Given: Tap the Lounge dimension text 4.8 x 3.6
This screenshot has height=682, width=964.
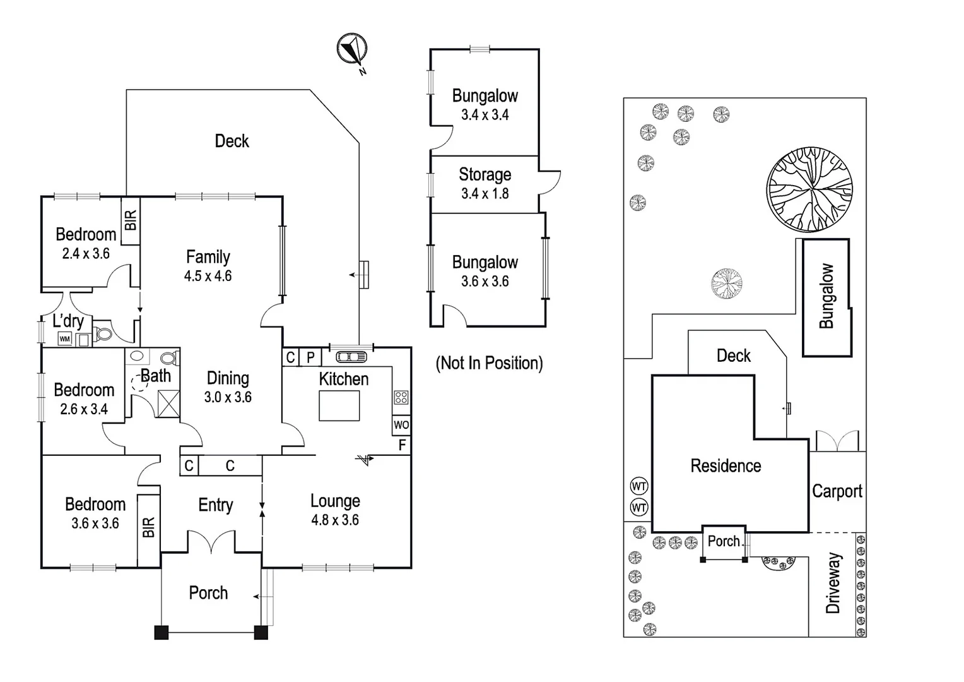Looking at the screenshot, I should [x=335, y=520].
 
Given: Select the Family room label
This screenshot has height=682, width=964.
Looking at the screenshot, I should [x=208, y=257].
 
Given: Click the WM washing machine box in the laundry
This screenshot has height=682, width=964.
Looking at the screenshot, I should [x=65, y=339].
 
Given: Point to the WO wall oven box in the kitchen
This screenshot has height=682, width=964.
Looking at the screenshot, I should [x=401, y=425].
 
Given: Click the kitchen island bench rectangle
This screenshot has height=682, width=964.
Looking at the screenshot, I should [x=339, y=405].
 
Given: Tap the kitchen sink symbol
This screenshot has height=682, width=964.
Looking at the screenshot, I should [x=351, y=357].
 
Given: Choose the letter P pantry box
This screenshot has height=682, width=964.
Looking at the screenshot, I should [x=310, y=357].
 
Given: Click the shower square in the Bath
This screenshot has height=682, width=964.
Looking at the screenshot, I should [x=168, y=404].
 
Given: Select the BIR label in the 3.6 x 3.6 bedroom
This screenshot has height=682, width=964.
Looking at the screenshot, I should [x=149, y=527].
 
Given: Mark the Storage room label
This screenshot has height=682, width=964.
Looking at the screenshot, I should [x=485, y=174].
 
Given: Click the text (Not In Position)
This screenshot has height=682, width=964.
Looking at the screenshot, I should [x=490, y=363].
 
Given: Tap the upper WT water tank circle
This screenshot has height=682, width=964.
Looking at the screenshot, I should [x=639, y=486].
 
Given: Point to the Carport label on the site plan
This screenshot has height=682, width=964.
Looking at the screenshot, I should [x=837, y=491].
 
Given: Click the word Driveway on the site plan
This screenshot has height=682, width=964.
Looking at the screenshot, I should [x=833, y=583].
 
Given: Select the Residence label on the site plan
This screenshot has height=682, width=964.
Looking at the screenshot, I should [x=726, y=466].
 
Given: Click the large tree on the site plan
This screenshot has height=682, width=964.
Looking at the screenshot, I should [x=809, y=189].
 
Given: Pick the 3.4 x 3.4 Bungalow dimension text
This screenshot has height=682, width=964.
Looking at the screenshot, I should [x=485, y=115].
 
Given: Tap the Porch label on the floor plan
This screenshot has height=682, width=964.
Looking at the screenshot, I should [x=208, y=593].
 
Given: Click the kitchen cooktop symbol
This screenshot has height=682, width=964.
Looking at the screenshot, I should [x=401, y=398].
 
